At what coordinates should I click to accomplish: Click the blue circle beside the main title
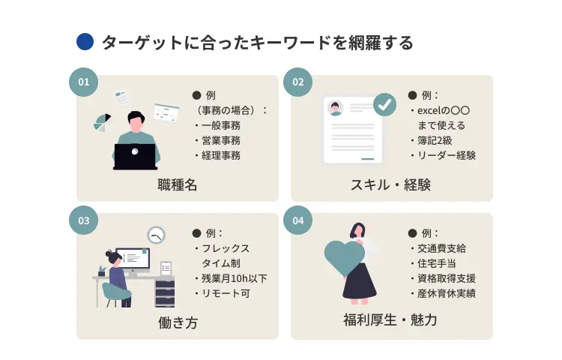tap(85, 42)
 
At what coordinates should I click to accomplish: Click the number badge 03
tap(83, 220)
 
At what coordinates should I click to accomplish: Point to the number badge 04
tap(297, 220)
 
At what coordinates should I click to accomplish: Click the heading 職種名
tap(178, 184)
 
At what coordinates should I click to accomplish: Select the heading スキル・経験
tap(391, 184)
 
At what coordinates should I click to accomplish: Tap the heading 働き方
tap(178, 322)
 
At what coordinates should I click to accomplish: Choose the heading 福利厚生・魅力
tap(391, 322)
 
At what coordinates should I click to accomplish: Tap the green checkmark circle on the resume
tap(385, 105)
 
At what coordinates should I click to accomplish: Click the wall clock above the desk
tap(156, 235)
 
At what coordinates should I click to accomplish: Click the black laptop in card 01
tap(135, 156)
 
